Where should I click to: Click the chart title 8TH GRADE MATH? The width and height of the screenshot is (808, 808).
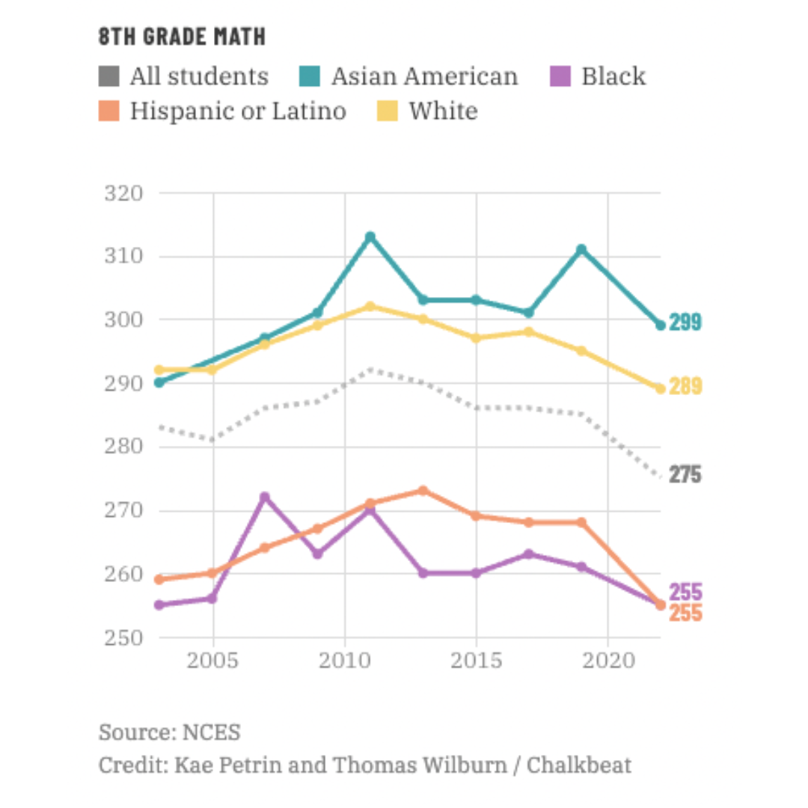pos(182,36)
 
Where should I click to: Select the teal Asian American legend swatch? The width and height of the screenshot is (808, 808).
pos(309,76)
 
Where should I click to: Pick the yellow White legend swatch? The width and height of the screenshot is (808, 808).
pos(387,111)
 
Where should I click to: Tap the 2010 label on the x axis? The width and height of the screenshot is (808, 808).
pos(344,661)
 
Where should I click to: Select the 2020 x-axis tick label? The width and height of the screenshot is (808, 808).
pos(607,661)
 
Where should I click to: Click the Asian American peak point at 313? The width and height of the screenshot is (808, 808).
pos(370,237)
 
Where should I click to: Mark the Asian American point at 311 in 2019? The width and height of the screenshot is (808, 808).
pos(581,249)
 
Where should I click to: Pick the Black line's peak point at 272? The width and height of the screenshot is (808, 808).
pos(264,497)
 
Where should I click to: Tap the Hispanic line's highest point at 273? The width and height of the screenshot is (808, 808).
pos(423,491)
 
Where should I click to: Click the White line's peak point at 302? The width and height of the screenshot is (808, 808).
pos(370,306)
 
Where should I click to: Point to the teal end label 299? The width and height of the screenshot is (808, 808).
pos(685,323)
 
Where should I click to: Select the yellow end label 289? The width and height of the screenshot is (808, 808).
pos(685,387)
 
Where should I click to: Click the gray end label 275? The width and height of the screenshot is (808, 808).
pos(685,474)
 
